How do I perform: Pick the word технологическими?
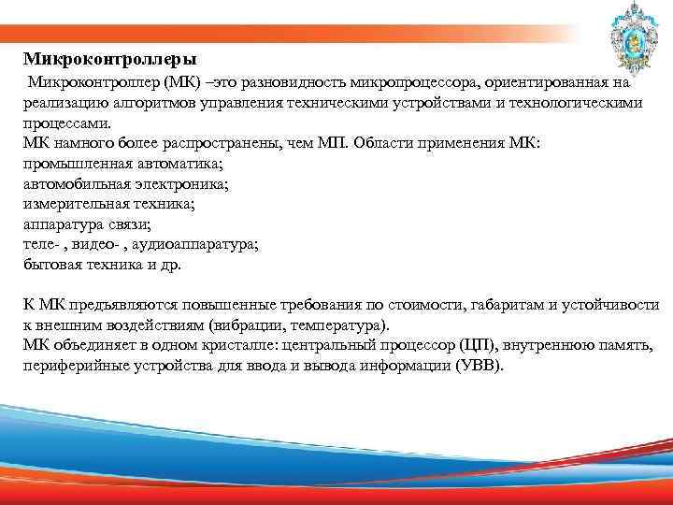click(575, 103)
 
